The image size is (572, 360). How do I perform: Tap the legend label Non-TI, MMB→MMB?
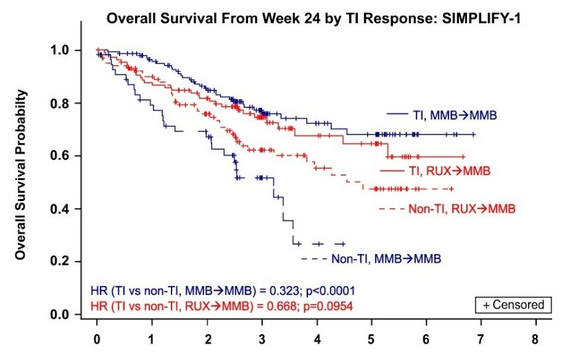tap(386, 258)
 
